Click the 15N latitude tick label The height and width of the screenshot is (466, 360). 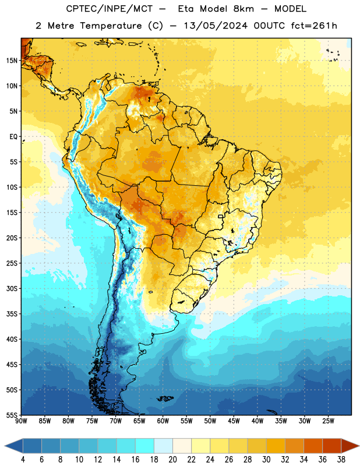pos(12,61)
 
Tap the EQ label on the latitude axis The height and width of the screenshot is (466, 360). pos(13,137)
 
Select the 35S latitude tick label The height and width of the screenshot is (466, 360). pos(12,314)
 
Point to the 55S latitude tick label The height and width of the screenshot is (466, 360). pos(12,415)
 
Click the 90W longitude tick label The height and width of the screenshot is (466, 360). pos(21,421)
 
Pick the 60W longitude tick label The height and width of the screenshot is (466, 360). pos(163,421)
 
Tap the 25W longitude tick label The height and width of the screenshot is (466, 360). pos(328,421)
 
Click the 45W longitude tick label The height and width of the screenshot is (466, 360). pos(234,421)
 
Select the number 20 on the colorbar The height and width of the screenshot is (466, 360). pos(172,460)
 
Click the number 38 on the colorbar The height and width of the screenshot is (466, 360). pos(341,460)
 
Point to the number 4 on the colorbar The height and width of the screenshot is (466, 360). pos(23,460)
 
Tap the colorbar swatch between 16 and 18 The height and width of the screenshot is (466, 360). pos(145,446)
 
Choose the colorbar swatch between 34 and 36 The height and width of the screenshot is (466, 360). pos(313,446)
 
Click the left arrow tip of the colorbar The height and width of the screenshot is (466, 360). pos(5,446)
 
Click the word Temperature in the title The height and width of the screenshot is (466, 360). pos(111,26)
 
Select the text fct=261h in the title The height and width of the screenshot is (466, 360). pos(314,26)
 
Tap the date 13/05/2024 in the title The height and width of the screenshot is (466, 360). pos(216,26)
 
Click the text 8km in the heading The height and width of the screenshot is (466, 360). pos(243,9)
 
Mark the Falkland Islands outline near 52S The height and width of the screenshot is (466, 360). pos(165,398)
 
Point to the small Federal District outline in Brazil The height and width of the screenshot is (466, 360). pos(221,216)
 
